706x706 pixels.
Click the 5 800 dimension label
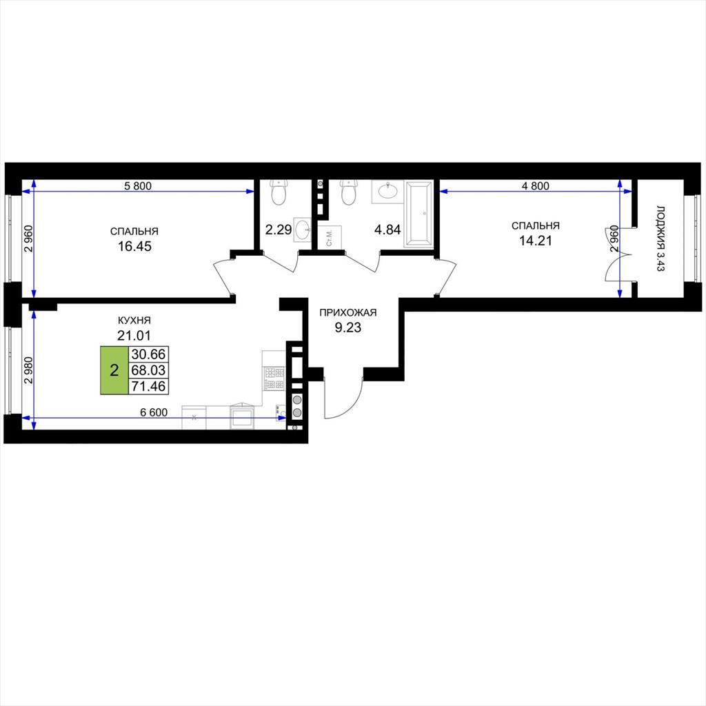138,185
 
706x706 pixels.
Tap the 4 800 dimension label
535,185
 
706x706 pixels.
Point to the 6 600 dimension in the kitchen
154,412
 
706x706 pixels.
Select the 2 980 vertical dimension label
29,370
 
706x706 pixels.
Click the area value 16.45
134,246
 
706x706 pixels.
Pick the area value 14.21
535,241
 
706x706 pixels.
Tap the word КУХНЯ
134,321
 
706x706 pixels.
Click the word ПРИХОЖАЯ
347,312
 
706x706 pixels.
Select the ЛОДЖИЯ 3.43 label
660,239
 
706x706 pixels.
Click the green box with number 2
114,370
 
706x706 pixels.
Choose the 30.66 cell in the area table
149,354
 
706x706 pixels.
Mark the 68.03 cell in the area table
149,370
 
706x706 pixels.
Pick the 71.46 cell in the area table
149,386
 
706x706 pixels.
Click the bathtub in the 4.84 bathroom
418,214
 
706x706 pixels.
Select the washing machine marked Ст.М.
330,237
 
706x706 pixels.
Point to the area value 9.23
347,327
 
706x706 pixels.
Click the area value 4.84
387,230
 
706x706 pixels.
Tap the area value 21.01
134,336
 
